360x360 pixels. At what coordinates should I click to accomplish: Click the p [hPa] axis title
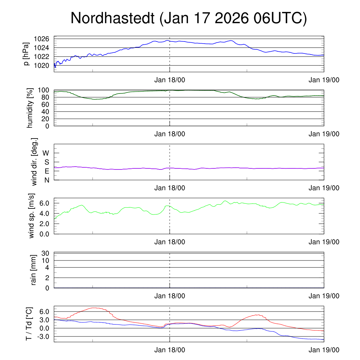click(26, 54)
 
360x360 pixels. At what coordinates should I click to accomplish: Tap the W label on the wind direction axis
click(46, 153)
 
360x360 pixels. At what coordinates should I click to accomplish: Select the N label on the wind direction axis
click(47, 180)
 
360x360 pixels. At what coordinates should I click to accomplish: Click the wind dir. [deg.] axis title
click(34, 162)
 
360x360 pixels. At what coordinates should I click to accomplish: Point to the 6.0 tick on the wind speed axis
click(46, 203)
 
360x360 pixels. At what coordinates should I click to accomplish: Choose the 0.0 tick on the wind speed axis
click(46, 234)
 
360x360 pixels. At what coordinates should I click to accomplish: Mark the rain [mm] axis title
click(34, 270)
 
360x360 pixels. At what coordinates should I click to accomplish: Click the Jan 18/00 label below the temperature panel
click(170, 350)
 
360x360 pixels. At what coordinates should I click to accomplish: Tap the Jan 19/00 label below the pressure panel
click(324, 80)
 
